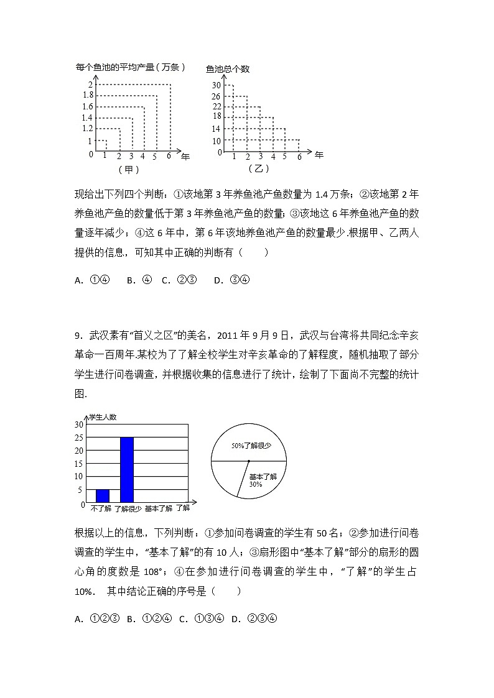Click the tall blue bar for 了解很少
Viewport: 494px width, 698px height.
tap(127, 469)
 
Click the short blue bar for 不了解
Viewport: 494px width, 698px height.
tap(103, 495)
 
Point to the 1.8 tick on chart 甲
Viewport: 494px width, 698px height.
tap(87, 95)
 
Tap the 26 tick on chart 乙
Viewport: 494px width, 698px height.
tap(216, 96)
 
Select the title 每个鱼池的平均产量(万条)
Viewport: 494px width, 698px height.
tap(131, 67)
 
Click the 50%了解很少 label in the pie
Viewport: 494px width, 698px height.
tap(248, 446)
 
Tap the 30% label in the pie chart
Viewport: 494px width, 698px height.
tap(255, 484)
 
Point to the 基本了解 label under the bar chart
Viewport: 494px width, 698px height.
tap(157, 508)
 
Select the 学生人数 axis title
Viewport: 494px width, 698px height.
tap(103, 417)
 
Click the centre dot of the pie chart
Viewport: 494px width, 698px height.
tap(248, 461)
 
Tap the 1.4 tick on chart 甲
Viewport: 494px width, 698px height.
tap(87, 117)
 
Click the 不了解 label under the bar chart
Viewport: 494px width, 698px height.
tap(101, 508)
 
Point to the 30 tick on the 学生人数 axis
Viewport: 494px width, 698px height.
tap(78, 425)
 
